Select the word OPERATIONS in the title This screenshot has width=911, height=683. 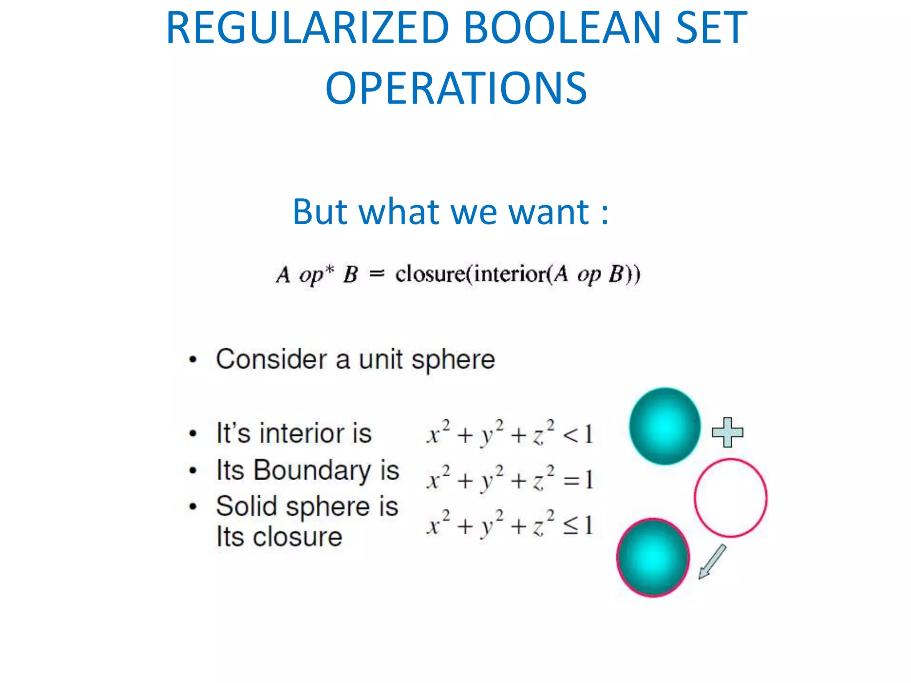point(456,88)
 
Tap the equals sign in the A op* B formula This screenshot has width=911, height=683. point(376,274)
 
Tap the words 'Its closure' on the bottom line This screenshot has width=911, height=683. point(279,537)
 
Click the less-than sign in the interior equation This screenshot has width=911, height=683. point(570,435)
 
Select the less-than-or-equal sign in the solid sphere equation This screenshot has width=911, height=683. point(571,526)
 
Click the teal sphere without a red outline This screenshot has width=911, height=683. point(665,426)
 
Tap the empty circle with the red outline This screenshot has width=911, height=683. point(730,498)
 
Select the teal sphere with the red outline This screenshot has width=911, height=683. point(653,557)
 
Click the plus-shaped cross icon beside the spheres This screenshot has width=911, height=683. point(727,432)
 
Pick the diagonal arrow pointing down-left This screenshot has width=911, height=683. point(712,562)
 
